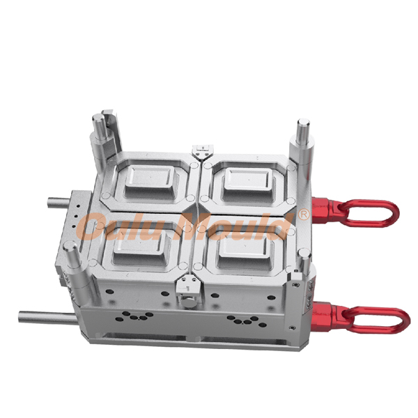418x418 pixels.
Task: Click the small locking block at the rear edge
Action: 202,150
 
